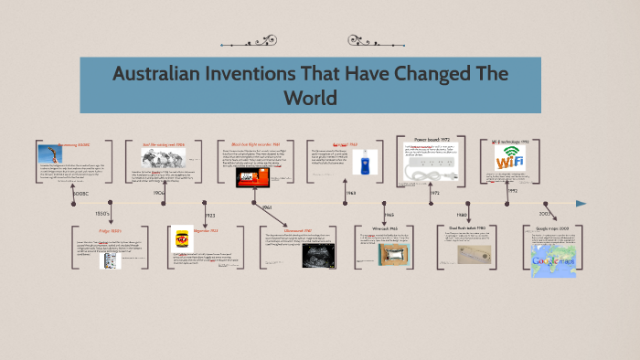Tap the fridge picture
pos(110,260)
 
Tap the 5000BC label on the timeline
pos(81,193)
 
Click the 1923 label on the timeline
pos(209,215)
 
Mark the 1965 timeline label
pos(388,215)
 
